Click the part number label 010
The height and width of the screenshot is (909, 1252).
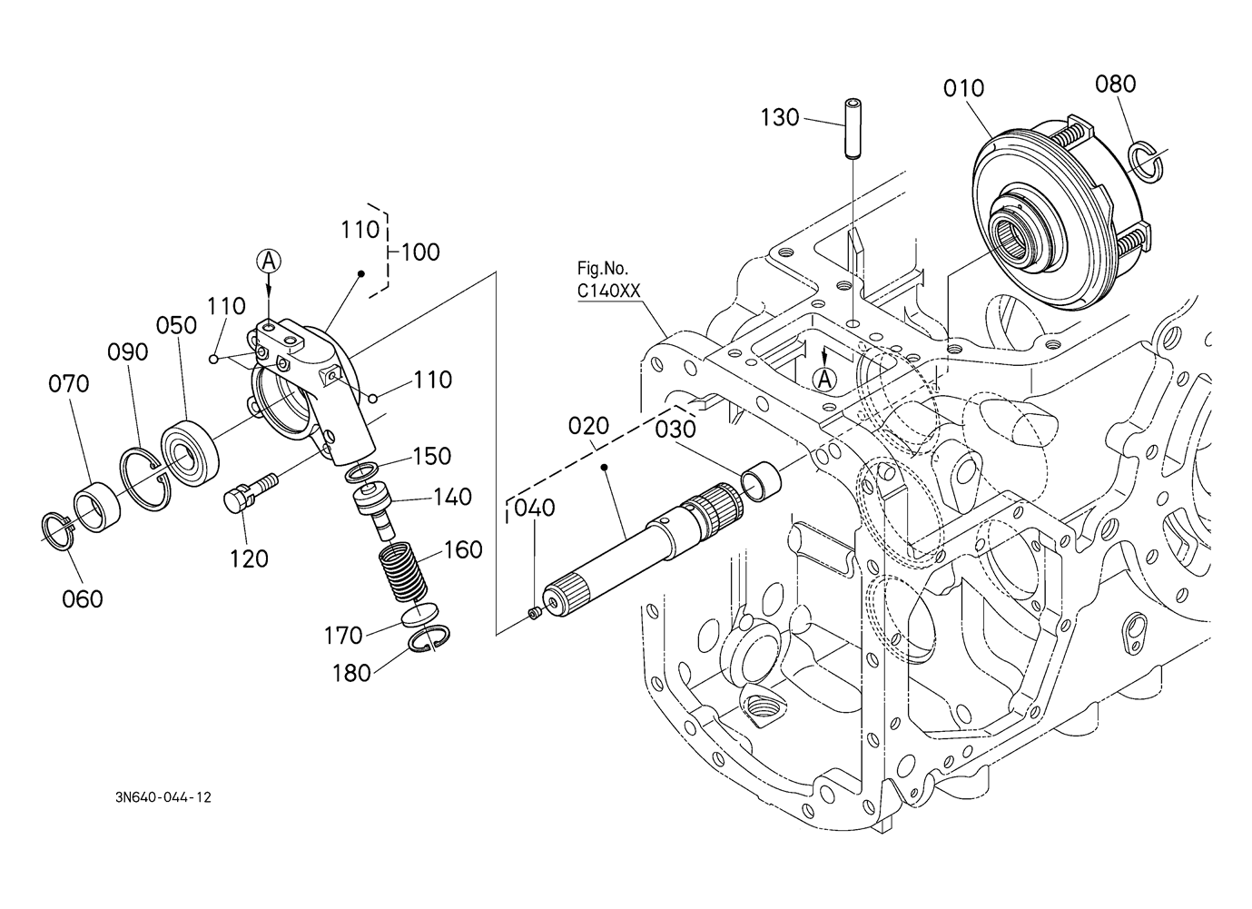coord(963,88)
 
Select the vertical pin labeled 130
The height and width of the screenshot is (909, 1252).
coord(852,129)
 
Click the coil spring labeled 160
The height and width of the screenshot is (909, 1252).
coord(403,574)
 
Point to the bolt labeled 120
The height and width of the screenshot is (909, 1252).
coord(250,491)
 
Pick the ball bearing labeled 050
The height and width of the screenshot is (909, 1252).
coord(190,451)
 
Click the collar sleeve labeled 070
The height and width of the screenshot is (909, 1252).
coord(97,507)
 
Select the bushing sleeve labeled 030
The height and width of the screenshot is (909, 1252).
coord(761,481)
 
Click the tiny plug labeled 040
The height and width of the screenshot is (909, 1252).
coord(535,614)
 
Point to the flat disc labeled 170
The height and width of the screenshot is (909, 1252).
coord(421,615)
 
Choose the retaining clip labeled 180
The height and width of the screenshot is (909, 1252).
coord(429,638)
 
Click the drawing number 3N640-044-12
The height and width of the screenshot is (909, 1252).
coord(163,797)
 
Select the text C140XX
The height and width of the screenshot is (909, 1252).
coord(608,291)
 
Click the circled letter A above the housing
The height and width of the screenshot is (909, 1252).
coord(269,261)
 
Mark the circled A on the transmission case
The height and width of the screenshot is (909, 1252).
coord(824,380)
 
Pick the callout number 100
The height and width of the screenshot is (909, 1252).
coord(420,252)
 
